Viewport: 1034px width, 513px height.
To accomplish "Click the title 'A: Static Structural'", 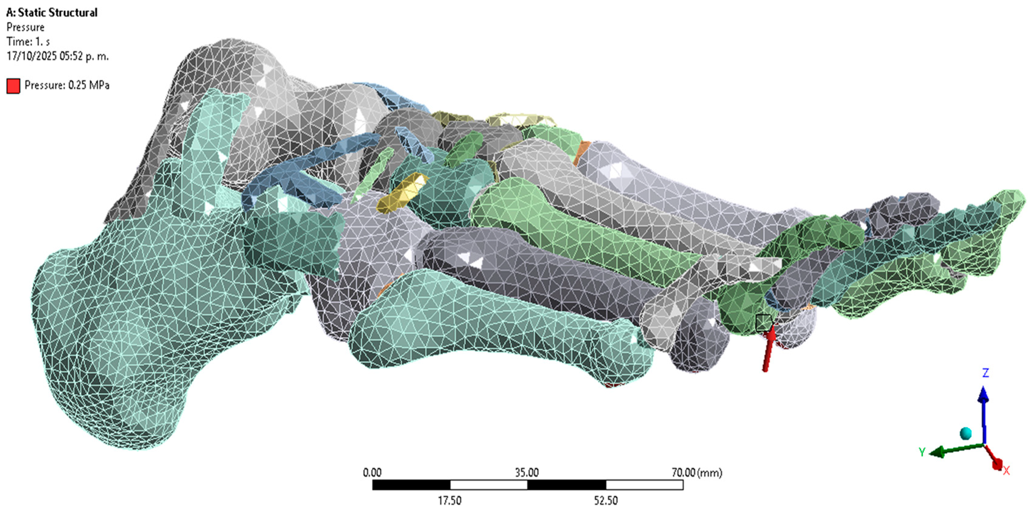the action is click(52, 12).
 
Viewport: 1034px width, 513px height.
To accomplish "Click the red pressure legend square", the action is click(13, 86).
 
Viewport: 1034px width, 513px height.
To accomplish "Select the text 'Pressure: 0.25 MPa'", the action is click(67, 85).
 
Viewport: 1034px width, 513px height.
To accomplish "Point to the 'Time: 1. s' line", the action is click(28, 41).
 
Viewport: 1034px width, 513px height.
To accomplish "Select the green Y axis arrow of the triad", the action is click(956, 450).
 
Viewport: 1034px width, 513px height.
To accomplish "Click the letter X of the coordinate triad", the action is click(1006, 470).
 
